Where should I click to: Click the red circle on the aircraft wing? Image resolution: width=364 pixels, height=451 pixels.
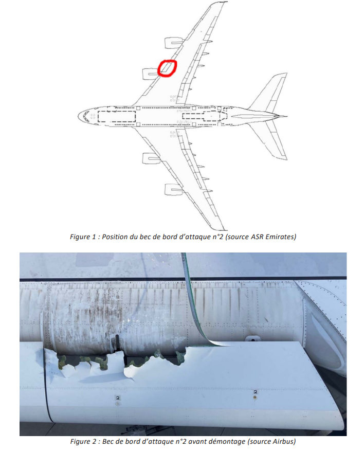point(167,68)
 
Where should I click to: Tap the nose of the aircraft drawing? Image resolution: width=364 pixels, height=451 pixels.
point(80,116)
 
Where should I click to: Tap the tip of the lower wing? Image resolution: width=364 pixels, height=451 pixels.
point(222,227)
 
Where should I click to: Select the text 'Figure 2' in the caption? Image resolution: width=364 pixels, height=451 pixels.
point(84,442)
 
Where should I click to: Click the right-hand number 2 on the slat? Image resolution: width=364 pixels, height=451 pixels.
point(254,392)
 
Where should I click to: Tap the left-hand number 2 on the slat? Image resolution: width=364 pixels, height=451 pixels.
point(118,399)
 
